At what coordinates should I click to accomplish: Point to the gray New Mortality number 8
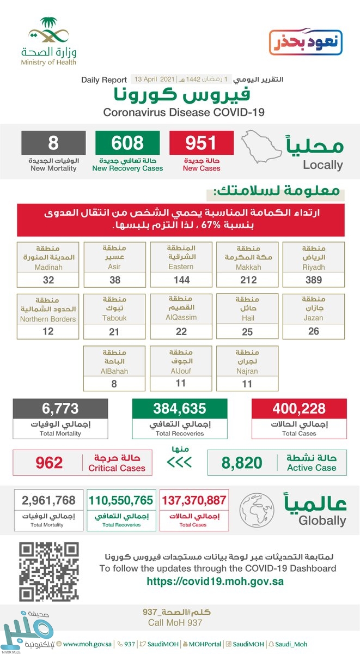(53, 143)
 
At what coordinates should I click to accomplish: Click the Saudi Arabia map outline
(260, 148)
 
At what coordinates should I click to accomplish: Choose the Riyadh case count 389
(313, 280)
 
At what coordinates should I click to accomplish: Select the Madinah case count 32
(47, 280)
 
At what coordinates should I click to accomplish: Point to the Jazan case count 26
(313, 331)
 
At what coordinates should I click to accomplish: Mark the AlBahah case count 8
(114, 383)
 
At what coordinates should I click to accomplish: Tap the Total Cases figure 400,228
(299, 408)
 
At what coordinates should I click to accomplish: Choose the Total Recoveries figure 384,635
(179, 408)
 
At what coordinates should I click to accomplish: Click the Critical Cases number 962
(48, 463)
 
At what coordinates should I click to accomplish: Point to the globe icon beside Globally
(255, 508)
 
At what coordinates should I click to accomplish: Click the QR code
(45, 571)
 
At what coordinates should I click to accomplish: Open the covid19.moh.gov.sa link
(215, 581)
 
